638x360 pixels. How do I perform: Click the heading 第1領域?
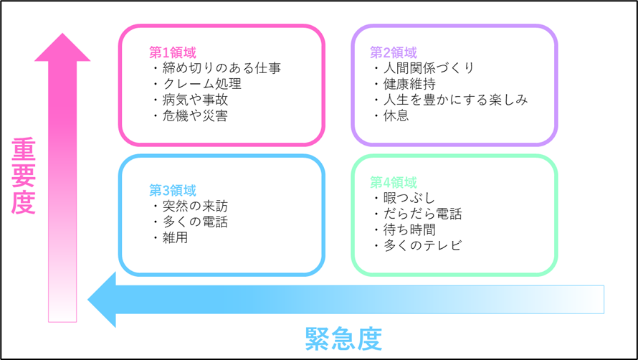click(173, 52)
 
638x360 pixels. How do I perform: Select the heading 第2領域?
click(394, 52)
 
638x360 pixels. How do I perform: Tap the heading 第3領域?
click(173, 190)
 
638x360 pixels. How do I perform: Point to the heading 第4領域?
click(394, 182)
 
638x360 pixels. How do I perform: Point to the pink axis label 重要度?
click(24, 176)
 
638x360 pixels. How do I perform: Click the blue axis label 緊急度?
click(344, 338)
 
